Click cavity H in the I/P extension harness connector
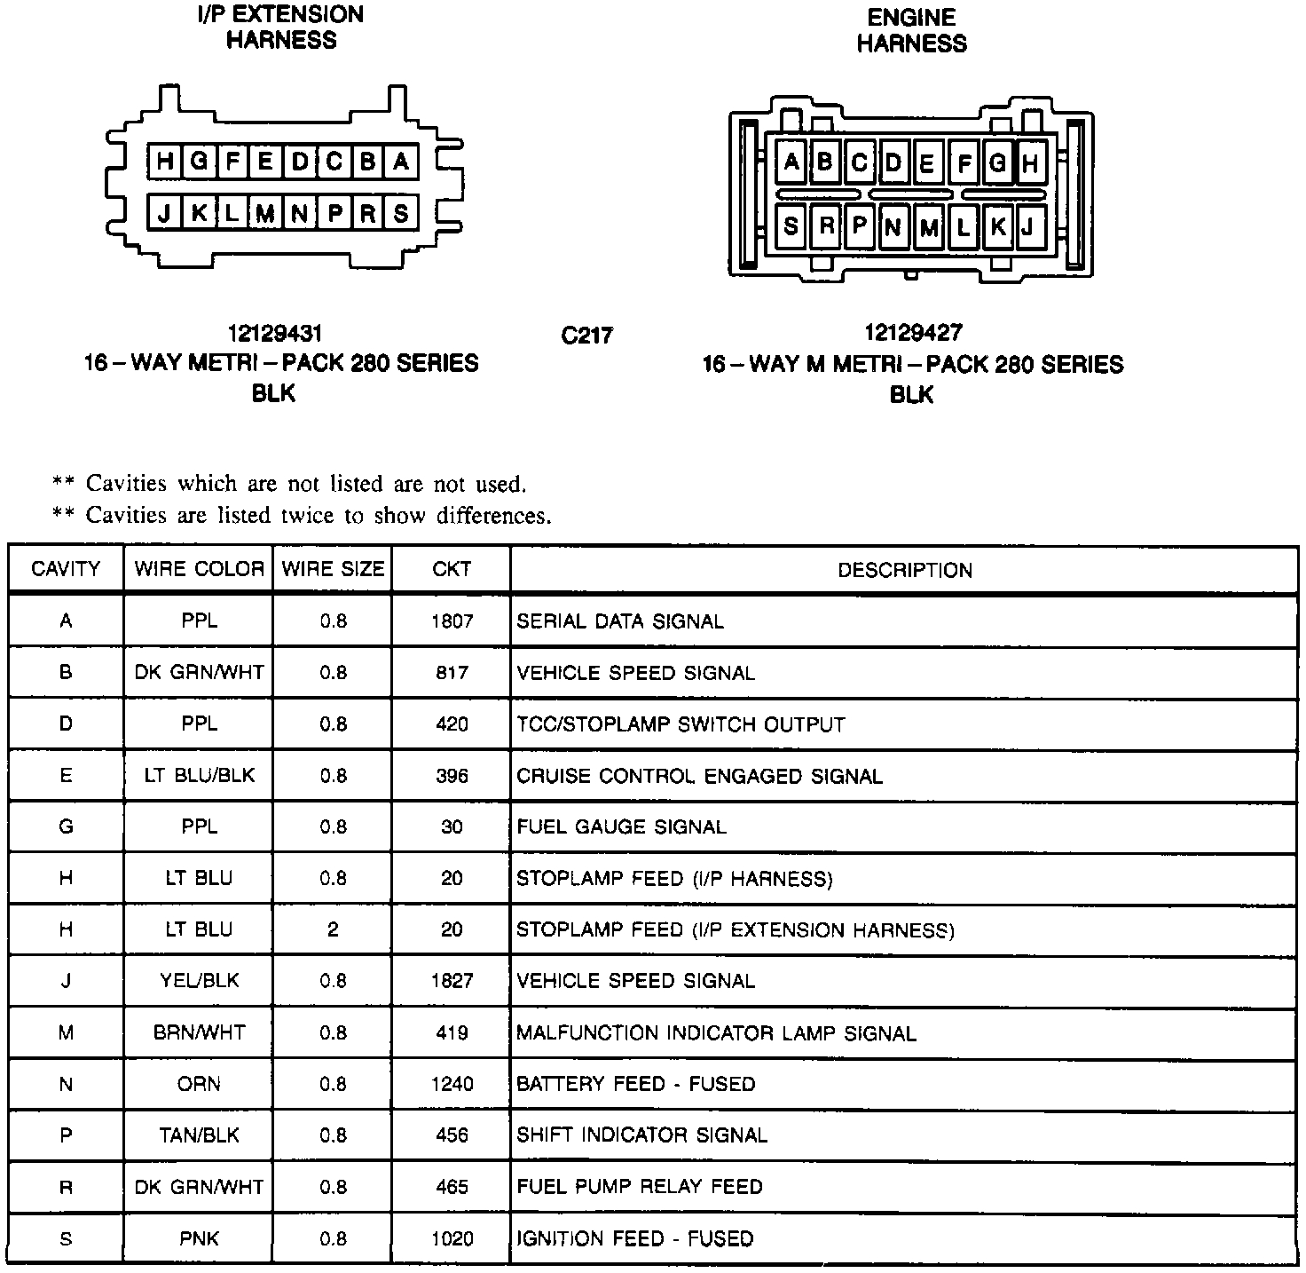coord(165,162)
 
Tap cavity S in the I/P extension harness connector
coord(401,213)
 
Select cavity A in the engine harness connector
coord(791,162)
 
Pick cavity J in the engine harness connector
coord(1029,227)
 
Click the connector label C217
coord(587,336)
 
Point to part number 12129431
coord(275,334)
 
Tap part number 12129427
coord(913,333)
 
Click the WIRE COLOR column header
coord(200,569)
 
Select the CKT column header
coord(452,569)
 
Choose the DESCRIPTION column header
coord(905,570)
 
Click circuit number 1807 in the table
coord(452,621)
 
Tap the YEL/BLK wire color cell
coord(200,981)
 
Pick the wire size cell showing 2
coord(333,929)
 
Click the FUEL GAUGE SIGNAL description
coord(621,827)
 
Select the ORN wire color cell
coord(200,1084)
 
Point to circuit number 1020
coord(452,1238)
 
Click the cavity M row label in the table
coord(66,1032)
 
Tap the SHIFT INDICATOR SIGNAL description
coord(641,1135)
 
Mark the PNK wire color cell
coord(200,1238)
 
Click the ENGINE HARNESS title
coord(911,30)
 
